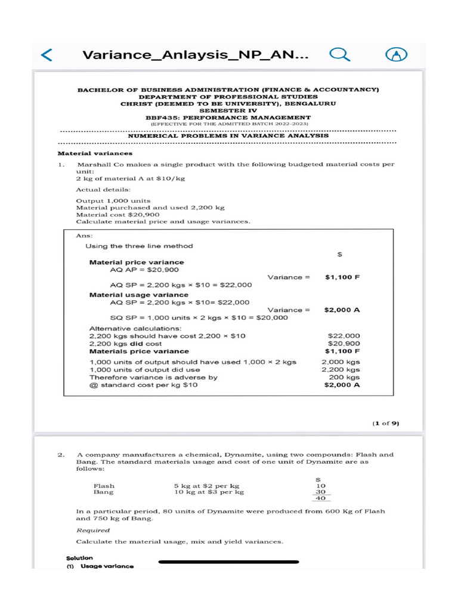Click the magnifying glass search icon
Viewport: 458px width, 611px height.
(x=339, y=55)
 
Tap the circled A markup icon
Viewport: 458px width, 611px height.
(x=396, y=55)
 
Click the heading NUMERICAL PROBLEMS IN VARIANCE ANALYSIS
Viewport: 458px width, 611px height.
(x=228, y=135)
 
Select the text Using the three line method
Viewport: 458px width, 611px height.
(x=139, y=246)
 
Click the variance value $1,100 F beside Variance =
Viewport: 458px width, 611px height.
(x=342, y=277)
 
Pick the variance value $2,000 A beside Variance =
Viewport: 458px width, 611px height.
(x=342, y=310)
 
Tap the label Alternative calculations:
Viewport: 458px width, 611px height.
(x=135, y=328)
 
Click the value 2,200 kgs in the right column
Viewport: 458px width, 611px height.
(x=341, y=370)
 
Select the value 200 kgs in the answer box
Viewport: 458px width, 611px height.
(x=345, y=378)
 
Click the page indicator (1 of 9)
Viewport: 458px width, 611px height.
(x=386, y=423)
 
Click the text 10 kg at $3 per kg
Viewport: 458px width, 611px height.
(x=209, y=493)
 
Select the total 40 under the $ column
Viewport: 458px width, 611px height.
(x=321, y=499)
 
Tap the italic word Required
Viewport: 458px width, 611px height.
(x=93, y=530)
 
